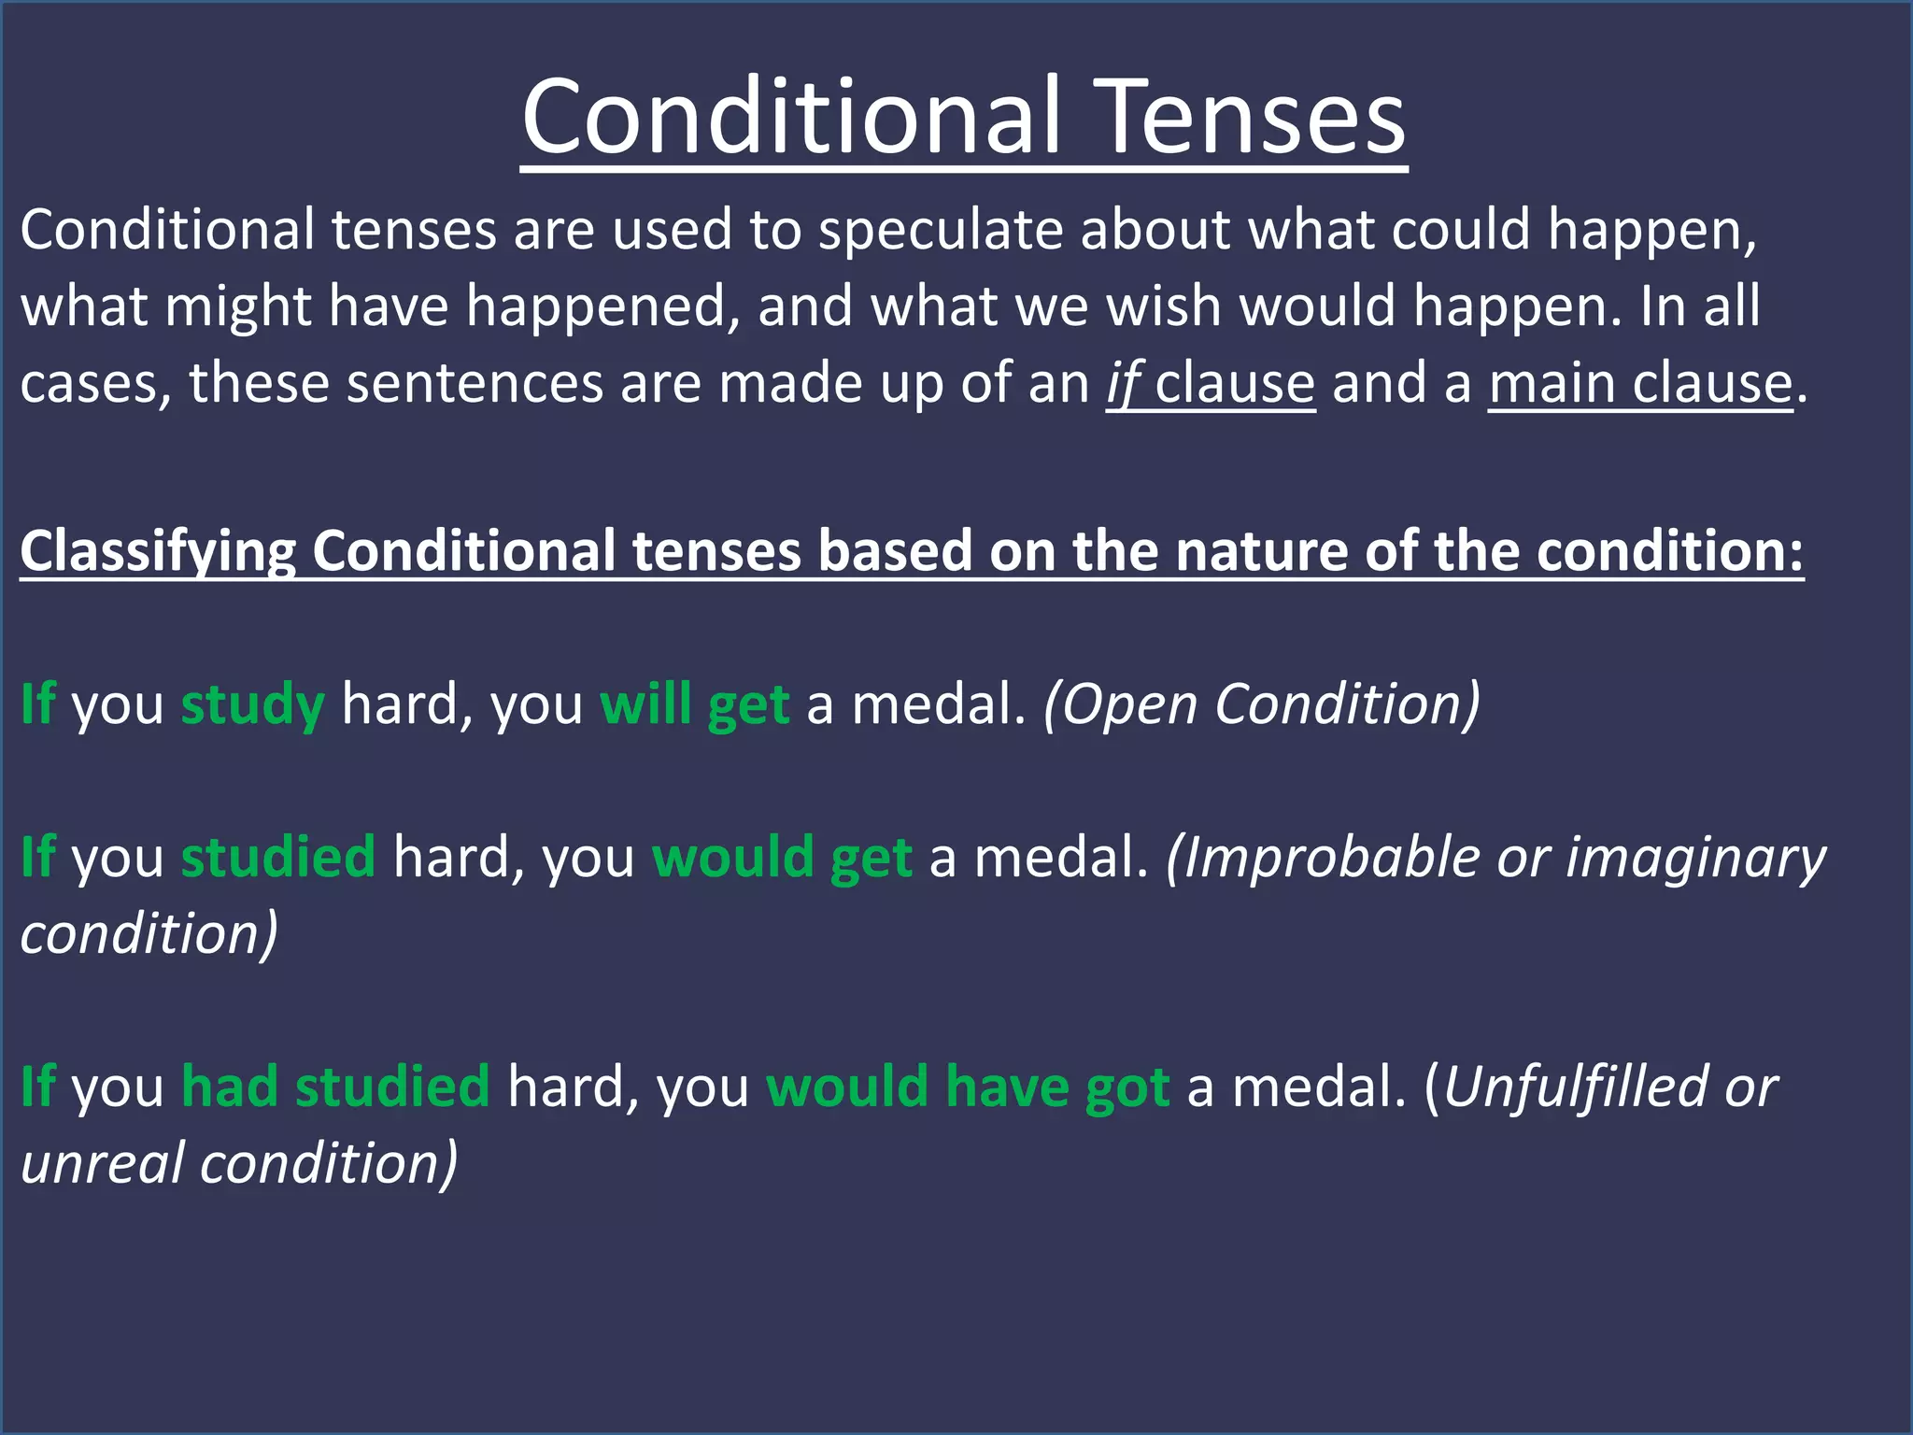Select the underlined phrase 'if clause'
pos(1211,383)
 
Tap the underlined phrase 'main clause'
pos(1640,383)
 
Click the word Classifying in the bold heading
pos(158,551)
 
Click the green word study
pos(252,704)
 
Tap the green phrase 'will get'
pos(694,704)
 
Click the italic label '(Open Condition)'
pos(1261,704)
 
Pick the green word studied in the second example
pos(277,858)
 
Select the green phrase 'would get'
pos(782,858)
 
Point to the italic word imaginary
pos(1695,858)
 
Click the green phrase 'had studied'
pos(335,1087)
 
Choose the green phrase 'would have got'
pos(968,1087)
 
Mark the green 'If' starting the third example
pos(37,1087)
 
